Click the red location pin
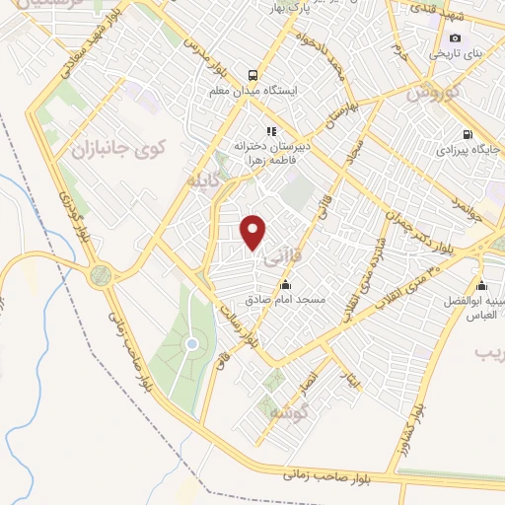tap(254, 232)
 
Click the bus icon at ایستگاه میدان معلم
tap(253, 76)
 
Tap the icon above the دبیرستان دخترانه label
tap(269, 129)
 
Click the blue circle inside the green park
tap(192, 343)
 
